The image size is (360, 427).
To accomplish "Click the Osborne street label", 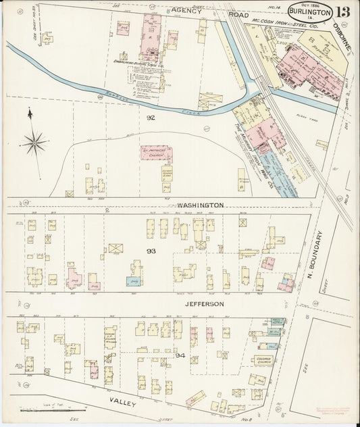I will pos(337,34).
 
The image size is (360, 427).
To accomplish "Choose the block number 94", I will pos(180,354).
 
